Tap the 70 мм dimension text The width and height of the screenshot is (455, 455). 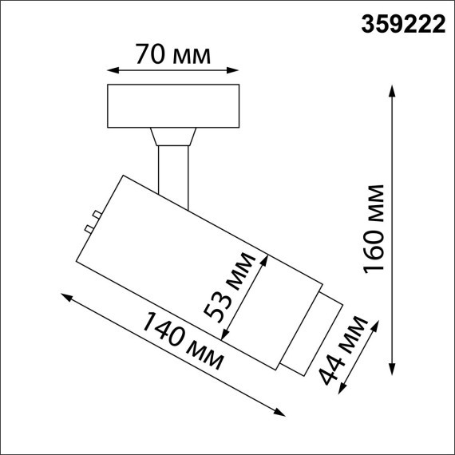pyautogui.click(x=173, y=56)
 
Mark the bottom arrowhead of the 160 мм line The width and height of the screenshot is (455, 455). pyautogui.click(x=393, y=370)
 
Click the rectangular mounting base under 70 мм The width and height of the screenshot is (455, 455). pyautogui.click(x=173, y=105)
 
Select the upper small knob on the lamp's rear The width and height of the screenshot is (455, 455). pyautogui.click(x=95, y=214)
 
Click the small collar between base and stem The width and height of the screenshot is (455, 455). pyautogui.click(x=174, y=136)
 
